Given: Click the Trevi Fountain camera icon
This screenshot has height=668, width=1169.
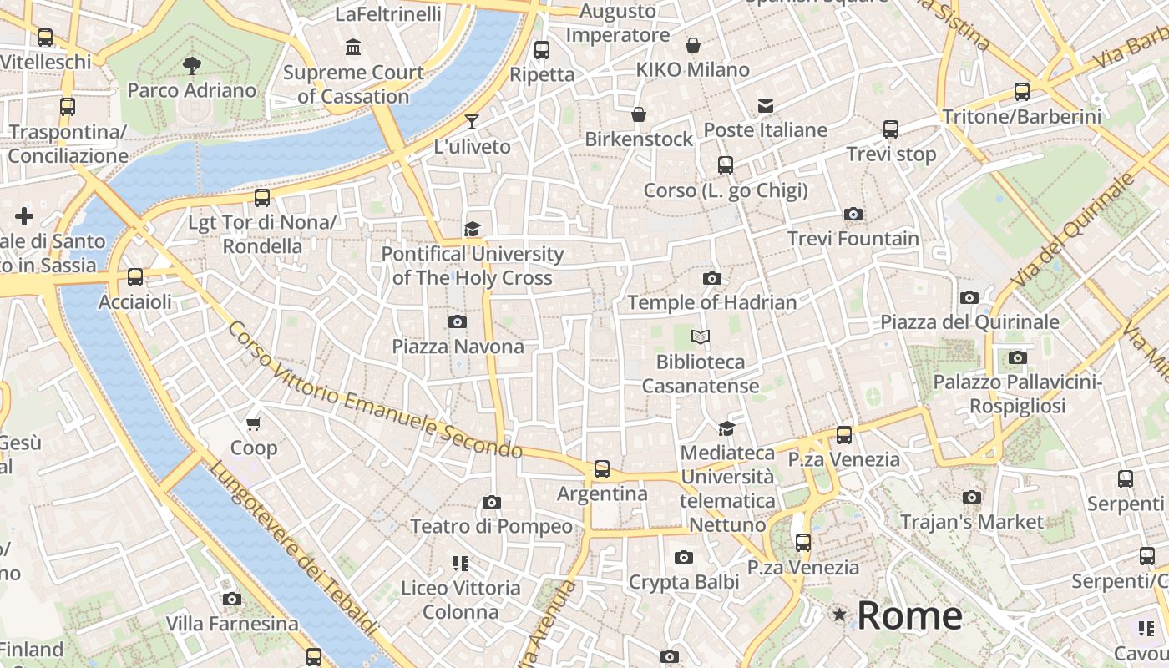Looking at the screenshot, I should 853,215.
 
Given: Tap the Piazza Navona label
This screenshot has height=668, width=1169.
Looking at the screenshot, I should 458,347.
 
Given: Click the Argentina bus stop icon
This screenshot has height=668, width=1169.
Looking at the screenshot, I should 602,469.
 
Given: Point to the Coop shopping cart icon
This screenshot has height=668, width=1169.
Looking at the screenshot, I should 254,423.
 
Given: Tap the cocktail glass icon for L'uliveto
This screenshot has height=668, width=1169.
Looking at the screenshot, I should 472,122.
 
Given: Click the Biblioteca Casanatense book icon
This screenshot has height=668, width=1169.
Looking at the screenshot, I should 701,337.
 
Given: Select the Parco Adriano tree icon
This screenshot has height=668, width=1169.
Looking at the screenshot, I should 191,65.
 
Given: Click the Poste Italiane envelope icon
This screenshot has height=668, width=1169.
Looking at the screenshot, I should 766,105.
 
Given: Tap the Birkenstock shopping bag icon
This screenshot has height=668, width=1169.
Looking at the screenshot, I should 639,114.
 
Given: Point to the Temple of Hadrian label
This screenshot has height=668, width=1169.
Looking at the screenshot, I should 711,302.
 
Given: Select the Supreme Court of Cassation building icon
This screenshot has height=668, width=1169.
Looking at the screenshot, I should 353,48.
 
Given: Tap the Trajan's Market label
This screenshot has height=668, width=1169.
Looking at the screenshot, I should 971,522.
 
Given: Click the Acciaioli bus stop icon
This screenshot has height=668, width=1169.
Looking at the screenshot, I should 135,277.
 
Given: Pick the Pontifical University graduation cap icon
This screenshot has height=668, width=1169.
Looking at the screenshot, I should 472,229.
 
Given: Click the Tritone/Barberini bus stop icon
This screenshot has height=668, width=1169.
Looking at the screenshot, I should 1022,92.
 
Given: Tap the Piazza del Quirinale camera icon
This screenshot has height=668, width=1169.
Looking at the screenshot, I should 969,298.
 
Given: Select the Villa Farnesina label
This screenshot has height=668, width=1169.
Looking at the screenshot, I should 231,624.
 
